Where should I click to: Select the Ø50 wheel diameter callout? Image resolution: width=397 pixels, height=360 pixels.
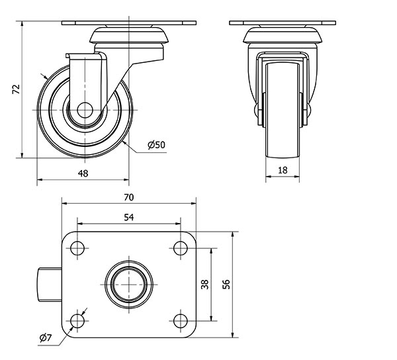click(x=156, y=145)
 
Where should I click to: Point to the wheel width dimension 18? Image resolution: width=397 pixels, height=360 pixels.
click(x=283, y=170)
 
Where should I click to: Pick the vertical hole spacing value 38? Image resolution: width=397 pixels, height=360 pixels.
click(x=204, y=285)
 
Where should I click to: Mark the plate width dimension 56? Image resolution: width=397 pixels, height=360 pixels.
click(x=226, y=284)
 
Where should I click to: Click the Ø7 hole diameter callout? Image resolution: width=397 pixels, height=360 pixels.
click(x=46, y=338)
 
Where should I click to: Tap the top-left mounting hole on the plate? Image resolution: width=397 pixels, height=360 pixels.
click(x=78, y=248)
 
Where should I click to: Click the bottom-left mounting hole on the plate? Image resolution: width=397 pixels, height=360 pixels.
click(x=78, y=322)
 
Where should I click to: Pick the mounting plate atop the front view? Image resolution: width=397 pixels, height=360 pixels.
click(x=283, y=24)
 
